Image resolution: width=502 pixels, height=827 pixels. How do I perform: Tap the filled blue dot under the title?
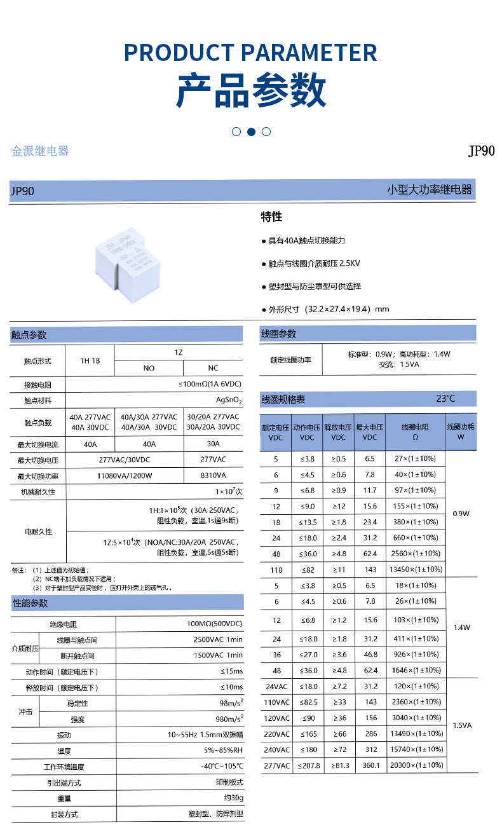pos(251,132)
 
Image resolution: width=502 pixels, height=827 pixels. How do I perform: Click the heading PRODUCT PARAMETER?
pos(250,52)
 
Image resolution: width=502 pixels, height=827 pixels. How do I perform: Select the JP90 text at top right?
pos(481,151)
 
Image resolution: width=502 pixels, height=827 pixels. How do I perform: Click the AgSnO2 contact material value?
pos(229,401)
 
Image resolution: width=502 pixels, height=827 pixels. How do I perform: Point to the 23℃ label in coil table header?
pos(445,399)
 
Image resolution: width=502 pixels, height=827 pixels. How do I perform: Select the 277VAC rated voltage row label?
pos(276,766)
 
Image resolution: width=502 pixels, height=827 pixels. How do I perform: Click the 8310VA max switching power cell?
pos(213,475)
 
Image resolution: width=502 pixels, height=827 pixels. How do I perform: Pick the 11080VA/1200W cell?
pos(125,475)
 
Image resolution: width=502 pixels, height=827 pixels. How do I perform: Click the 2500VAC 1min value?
pos(218,639)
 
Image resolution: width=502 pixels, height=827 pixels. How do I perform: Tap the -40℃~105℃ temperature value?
pos(222,767)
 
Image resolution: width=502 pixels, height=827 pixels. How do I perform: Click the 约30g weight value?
pos(233,798)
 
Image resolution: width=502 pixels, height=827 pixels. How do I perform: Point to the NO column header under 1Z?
pos(149,368)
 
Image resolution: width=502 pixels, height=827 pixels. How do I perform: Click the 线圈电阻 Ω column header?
pos(416,432)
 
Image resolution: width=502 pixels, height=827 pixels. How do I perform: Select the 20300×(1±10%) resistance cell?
pos(417,766)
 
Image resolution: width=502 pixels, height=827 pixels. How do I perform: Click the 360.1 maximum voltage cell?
pos(370,766)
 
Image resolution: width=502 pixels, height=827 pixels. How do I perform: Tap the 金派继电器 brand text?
pos(40,151)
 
